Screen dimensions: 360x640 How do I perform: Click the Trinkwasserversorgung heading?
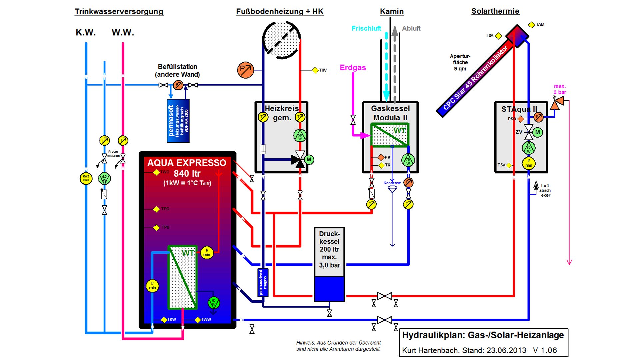click(x=119, y=12)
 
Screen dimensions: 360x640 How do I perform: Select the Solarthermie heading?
click(x=495, y=11)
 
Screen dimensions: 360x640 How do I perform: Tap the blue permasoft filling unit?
click(x=178, y=121)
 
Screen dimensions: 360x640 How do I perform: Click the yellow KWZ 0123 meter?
click(x=86, y=178)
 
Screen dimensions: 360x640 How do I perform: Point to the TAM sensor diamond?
click(x=532, y=25)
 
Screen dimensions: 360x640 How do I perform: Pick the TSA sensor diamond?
click(x=498, y=36)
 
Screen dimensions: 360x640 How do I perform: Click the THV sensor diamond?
click(x=315, y=70)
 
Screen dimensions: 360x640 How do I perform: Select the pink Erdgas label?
click(x=353, y=68)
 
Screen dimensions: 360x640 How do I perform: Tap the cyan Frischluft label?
click(x=366, y=29)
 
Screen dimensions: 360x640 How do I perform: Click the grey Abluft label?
click(x=411, y=29)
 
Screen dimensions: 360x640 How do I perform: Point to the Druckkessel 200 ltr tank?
click(x=329, y=264)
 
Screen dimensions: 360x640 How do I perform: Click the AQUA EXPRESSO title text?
click(x=187, y=163)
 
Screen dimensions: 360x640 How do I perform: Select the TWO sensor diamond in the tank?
click(x=156, y=172)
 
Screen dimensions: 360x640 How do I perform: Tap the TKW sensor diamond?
click(x=164, y=320)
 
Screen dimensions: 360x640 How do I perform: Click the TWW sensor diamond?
click(x=198, y=320)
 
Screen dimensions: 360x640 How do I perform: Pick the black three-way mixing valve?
click(x=299, y=160)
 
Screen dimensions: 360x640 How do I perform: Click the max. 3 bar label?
click(x=560, y=89)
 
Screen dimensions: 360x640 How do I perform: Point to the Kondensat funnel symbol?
click(x=392, y=189)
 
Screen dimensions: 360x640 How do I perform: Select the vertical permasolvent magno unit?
click(x=263, y=282)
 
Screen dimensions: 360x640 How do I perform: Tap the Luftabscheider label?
click(x=545, y=190)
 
